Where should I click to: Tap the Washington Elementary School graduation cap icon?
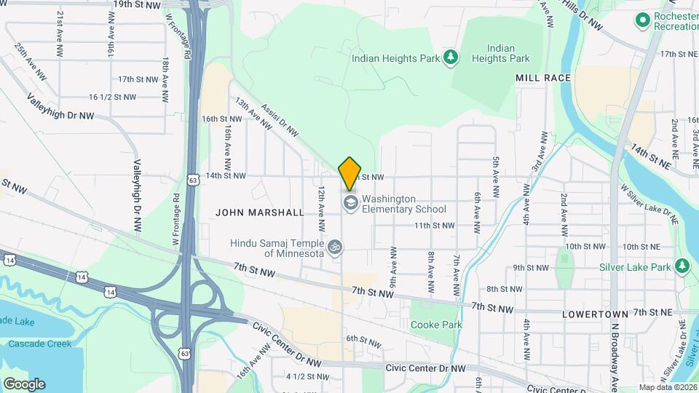click(350, 203)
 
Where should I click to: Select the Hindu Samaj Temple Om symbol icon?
click(334, 247)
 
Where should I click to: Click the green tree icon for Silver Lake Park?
click(682, 267)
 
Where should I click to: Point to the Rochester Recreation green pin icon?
click(642, 20)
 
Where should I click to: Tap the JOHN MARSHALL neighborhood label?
click(260, 213)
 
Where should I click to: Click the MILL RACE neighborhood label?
click(542, 77)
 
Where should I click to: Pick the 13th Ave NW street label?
click(253, 115)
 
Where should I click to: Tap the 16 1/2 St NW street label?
click(112, 97)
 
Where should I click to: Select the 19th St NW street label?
click(136, 5)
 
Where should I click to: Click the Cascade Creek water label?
click(34, 343)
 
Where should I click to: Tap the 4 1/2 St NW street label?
click(307, 376)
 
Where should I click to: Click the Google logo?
click(24, 384)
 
